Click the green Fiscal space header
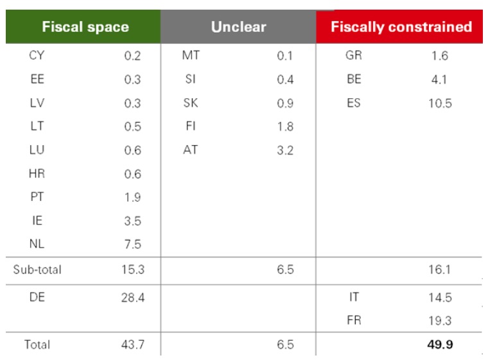point(85,27)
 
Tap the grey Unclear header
point(238,27)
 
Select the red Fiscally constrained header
point(401,27)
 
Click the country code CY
point(37,56)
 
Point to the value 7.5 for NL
point(132,244)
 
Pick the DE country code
point(37,298)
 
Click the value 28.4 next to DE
point(132,298)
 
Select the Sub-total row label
point(37,270)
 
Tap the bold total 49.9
point(440,345)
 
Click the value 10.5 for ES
point(440,103)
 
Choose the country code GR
point(353,56)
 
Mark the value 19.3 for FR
point(440,321)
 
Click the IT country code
point(353,298)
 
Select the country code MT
point(191,56)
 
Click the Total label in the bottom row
point(37,345)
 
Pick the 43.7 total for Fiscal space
point(132,345)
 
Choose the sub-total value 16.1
point(440,270)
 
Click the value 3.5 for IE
point(132,221)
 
